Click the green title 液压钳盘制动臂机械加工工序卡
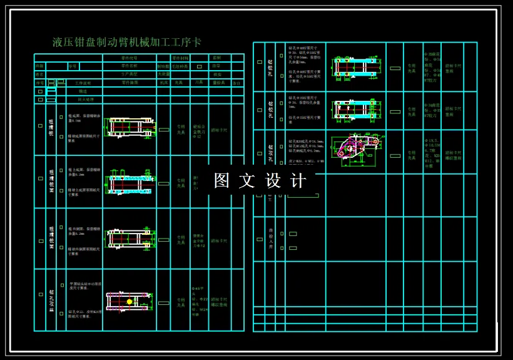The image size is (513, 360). pos(127,43)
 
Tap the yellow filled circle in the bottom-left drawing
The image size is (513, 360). pos(130,301)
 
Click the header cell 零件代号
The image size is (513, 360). pos(129,58)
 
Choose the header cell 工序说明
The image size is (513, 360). pos(83,83)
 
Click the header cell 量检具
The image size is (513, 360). pos(218,83)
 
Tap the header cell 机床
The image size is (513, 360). pos(164,83)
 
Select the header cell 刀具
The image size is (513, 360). pos(198,83)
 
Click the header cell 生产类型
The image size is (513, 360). pos(129,74)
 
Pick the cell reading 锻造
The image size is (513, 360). pos(83,91)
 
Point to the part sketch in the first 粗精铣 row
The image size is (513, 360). pos(130,126)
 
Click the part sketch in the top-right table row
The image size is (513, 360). pos(355,66)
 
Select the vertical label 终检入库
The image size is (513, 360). pos(270,239)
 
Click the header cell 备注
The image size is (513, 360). pos(236,83)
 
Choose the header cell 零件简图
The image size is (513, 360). pos(129,83)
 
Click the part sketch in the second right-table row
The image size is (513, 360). pos(355,110)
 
